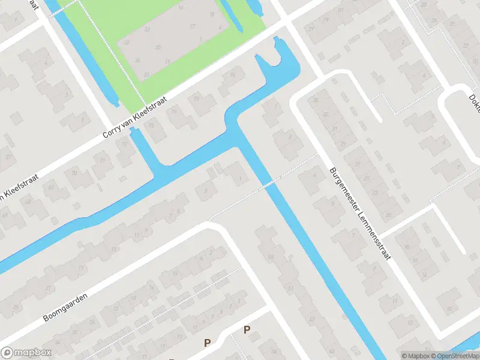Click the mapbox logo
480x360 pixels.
click(x=26, y=352)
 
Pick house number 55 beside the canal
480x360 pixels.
click(x=271, y=257)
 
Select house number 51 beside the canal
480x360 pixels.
click(x=291, y=289)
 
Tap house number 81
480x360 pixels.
click(x=341, y=11)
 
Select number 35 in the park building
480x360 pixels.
click(x=157, y=47)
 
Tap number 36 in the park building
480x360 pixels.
click(x=137, y=60)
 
